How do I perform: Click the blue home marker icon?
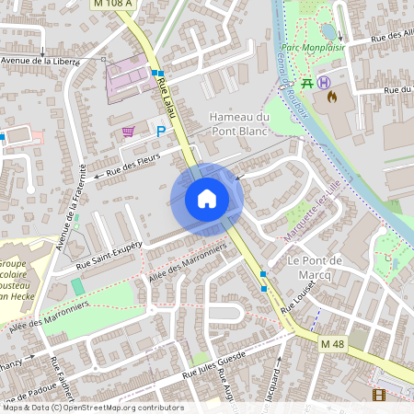point(207,199)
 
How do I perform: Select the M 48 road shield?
point(332,343)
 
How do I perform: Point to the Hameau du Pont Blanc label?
point(239,124)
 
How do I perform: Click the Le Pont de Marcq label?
point(315,267)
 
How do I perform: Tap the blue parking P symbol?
point(161,132)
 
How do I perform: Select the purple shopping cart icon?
point(128,132)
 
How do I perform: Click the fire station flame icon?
point(331,94)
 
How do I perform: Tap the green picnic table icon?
point(308,81)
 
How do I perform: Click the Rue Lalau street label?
point(167,97)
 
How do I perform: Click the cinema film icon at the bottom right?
point(379,395)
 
